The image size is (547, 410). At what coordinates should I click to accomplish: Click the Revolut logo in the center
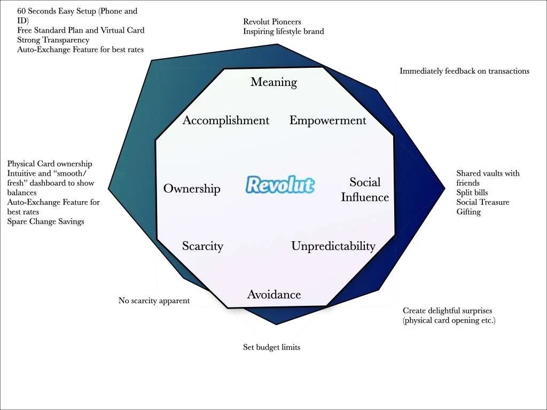(280, 184)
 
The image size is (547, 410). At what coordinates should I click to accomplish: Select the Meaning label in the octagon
(273, 82)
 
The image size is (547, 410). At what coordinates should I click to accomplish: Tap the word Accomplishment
(226, 121)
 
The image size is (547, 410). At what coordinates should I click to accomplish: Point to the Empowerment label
(327, 121)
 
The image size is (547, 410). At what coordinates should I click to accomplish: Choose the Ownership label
(192, 188)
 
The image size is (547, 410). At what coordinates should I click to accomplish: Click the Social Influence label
(365, 190)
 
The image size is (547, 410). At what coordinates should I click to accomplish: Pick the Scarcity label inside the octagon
(202, 246)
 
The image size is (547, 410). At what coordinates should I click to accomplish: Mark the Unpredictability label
(333, 246)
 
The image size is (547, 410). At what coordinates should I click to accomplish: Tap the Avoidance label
(273, 295)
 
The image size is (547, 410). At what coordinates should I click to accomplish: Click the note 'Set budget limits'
(271, 348)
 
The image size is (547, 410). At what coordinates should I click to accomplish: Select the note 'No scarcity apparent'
(154, 301)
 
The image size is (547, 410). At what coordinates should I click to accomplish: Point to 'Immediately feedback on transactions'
(464, 71)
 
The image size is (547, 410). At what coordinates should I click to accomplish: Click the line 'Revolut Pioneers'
(272, 22)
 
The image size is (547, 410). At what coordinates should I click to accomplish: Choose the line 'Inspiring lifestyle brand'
(283, 31)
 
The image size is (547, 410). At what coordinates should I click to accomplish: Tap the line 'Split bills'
(472, 193)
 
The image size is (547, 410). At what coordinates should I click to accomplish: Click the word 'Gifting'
(468, 212)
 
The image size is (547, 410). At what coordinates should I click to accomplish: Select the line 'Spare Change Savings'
(45, 222)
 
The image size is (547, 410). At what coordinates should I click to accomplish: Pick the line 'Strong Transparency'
(53, 40)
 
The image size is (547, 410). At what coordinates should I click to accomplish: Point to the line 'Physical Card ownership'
(50, 164)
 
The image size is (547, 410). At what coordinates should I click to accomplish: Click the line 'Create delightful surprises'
(447, 311)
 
